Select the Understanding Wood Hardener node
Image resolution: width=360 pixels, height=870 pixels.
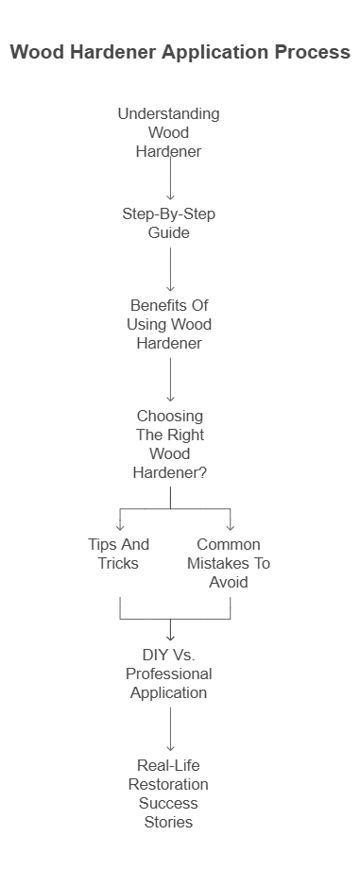pos(169,132)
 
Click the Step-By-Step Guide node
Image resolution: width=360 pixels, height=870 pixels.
pos(169,223)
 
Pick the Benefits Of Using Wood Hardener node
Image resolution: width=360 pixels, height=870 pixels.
pos(169,324)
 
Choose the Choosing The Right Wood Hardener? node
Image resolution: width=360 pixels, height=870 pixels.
pos(170,443)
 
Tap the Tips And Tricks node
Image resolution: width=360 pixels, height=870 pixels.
pos(119,554)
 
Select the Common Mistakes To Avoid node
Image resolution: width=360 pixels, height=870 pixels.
pos(229,563)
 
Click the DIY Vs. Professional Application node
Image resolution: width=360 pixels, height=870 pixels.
pos(170,673)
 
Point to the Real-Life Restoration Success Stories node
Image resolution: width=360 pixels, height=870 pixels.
pos(170,793)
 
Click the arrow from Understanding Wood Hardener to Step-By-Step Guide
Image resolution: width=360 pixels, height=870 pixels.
pos(170,178)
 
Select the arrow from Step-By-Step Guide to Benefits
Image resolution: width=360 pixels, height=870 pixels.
pos(170,268)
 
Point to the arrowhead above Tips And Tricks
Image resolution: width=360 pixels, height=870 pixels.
pos(120,526)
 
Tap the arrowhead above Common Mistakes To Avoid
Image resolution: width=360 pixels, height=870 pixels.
pos(230,526)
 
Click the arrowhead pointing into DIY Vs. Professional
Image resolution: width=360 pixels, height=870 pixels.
pos(170,636)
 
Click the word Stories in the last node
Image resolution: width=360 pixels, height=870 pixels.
pos(170,822)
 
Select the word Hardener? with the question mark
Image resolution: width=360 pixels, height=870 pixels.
pos(170,471)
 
